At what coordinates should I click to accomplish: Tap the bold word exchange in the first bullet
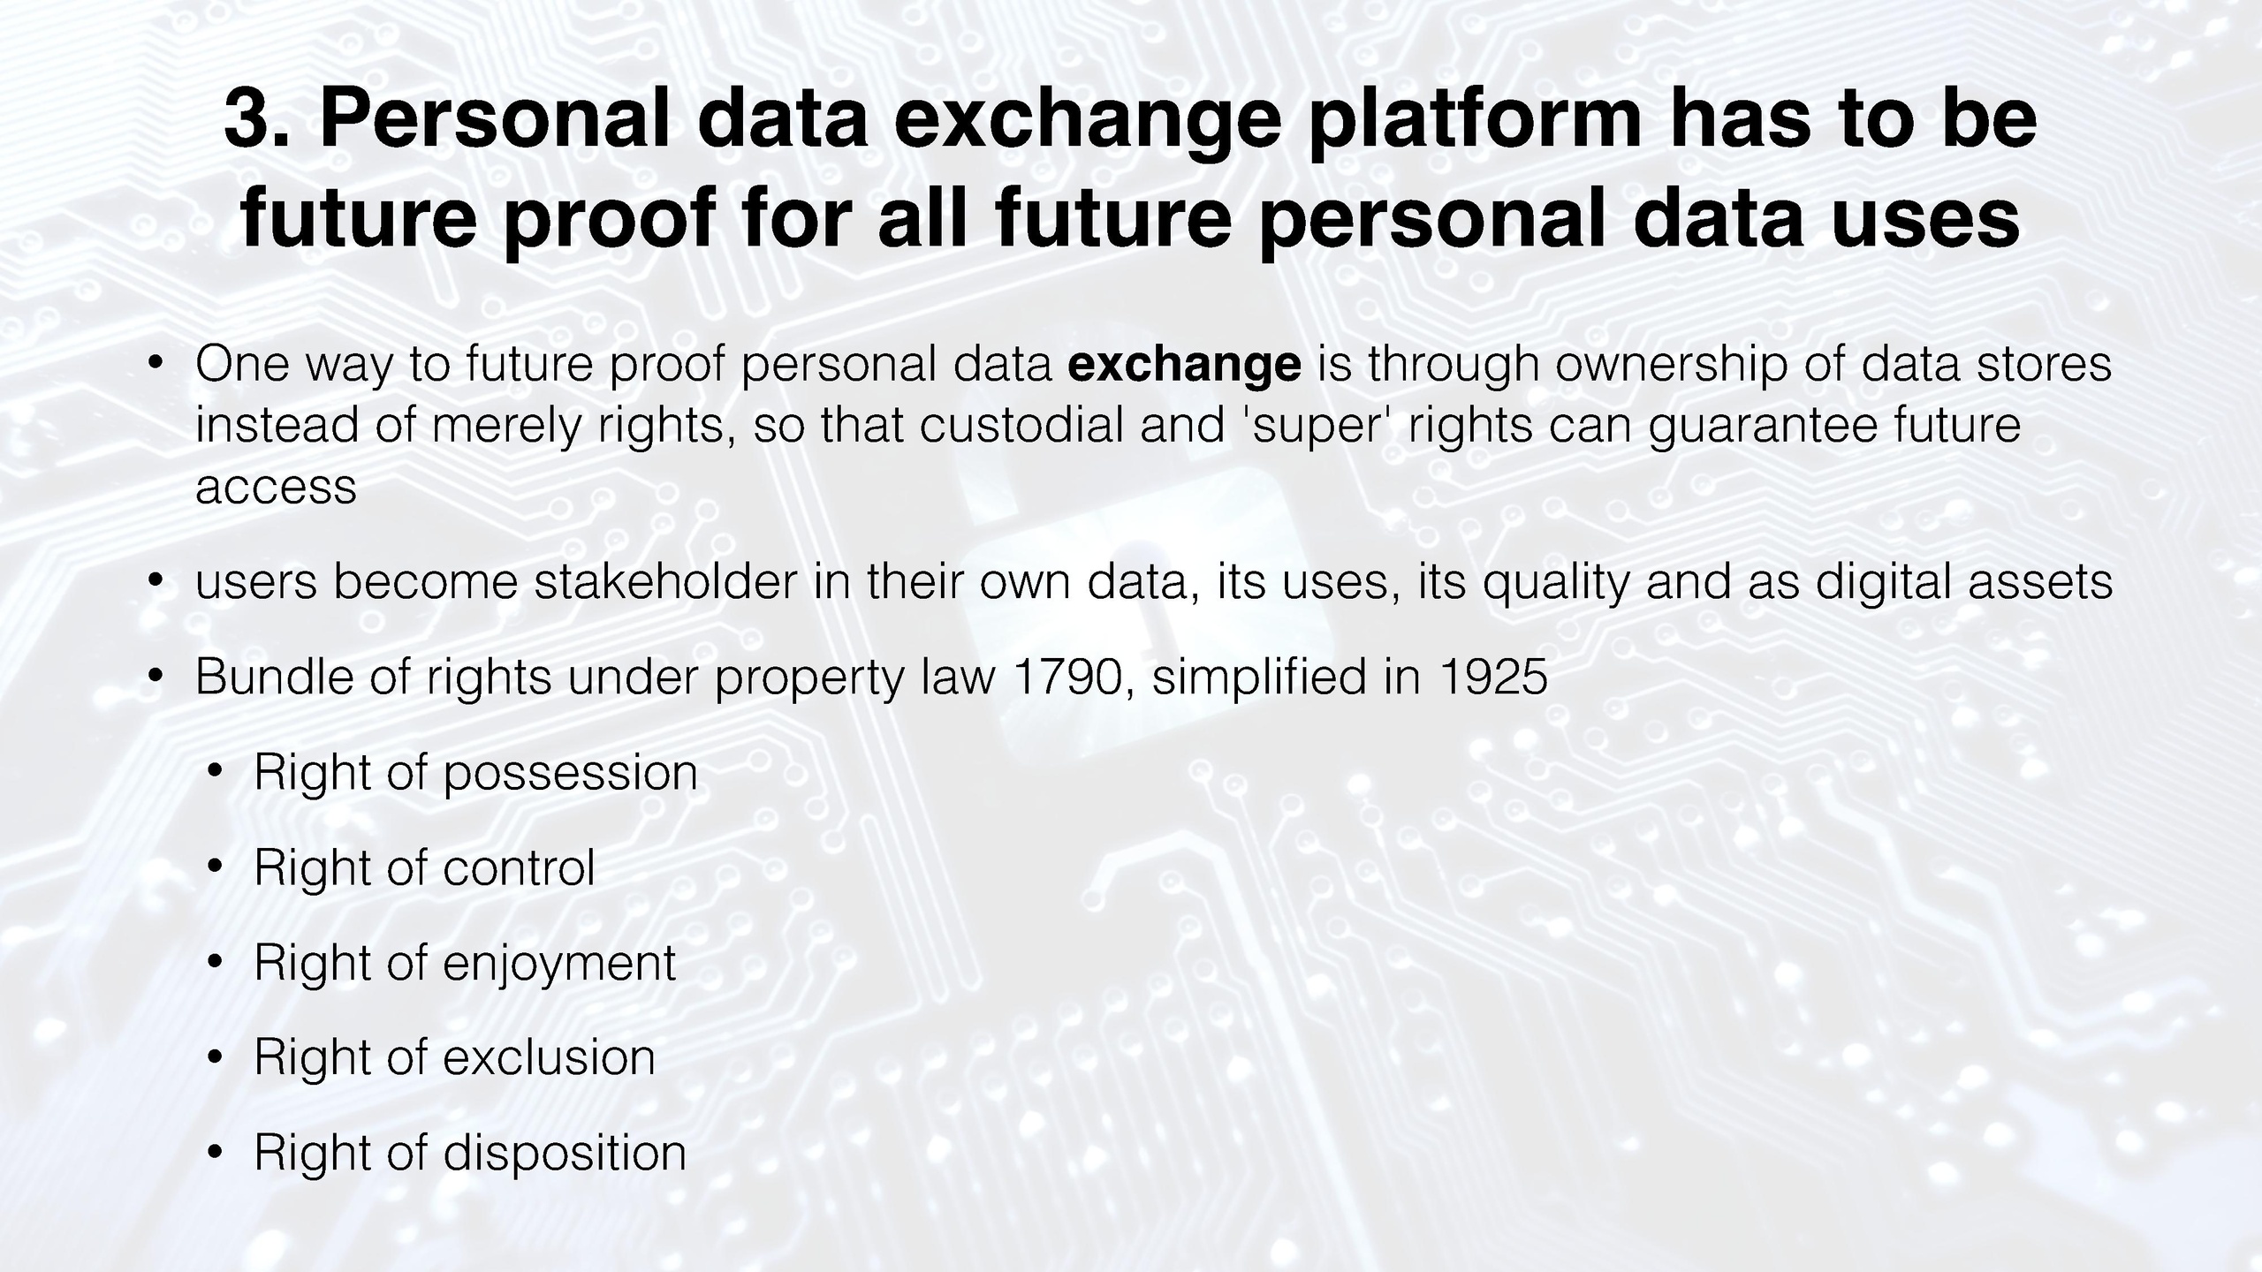1184,365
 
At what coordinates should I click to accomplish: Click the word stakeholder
665,582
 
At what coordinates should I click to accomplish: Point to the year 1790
1068,678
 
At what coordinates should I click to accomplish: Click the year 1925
1493,678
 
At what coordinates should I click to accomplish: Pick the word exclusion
549,1057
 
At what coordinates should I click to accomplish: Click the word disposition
565,1154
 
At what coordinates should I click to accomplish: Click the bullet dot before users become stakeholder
156,582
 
